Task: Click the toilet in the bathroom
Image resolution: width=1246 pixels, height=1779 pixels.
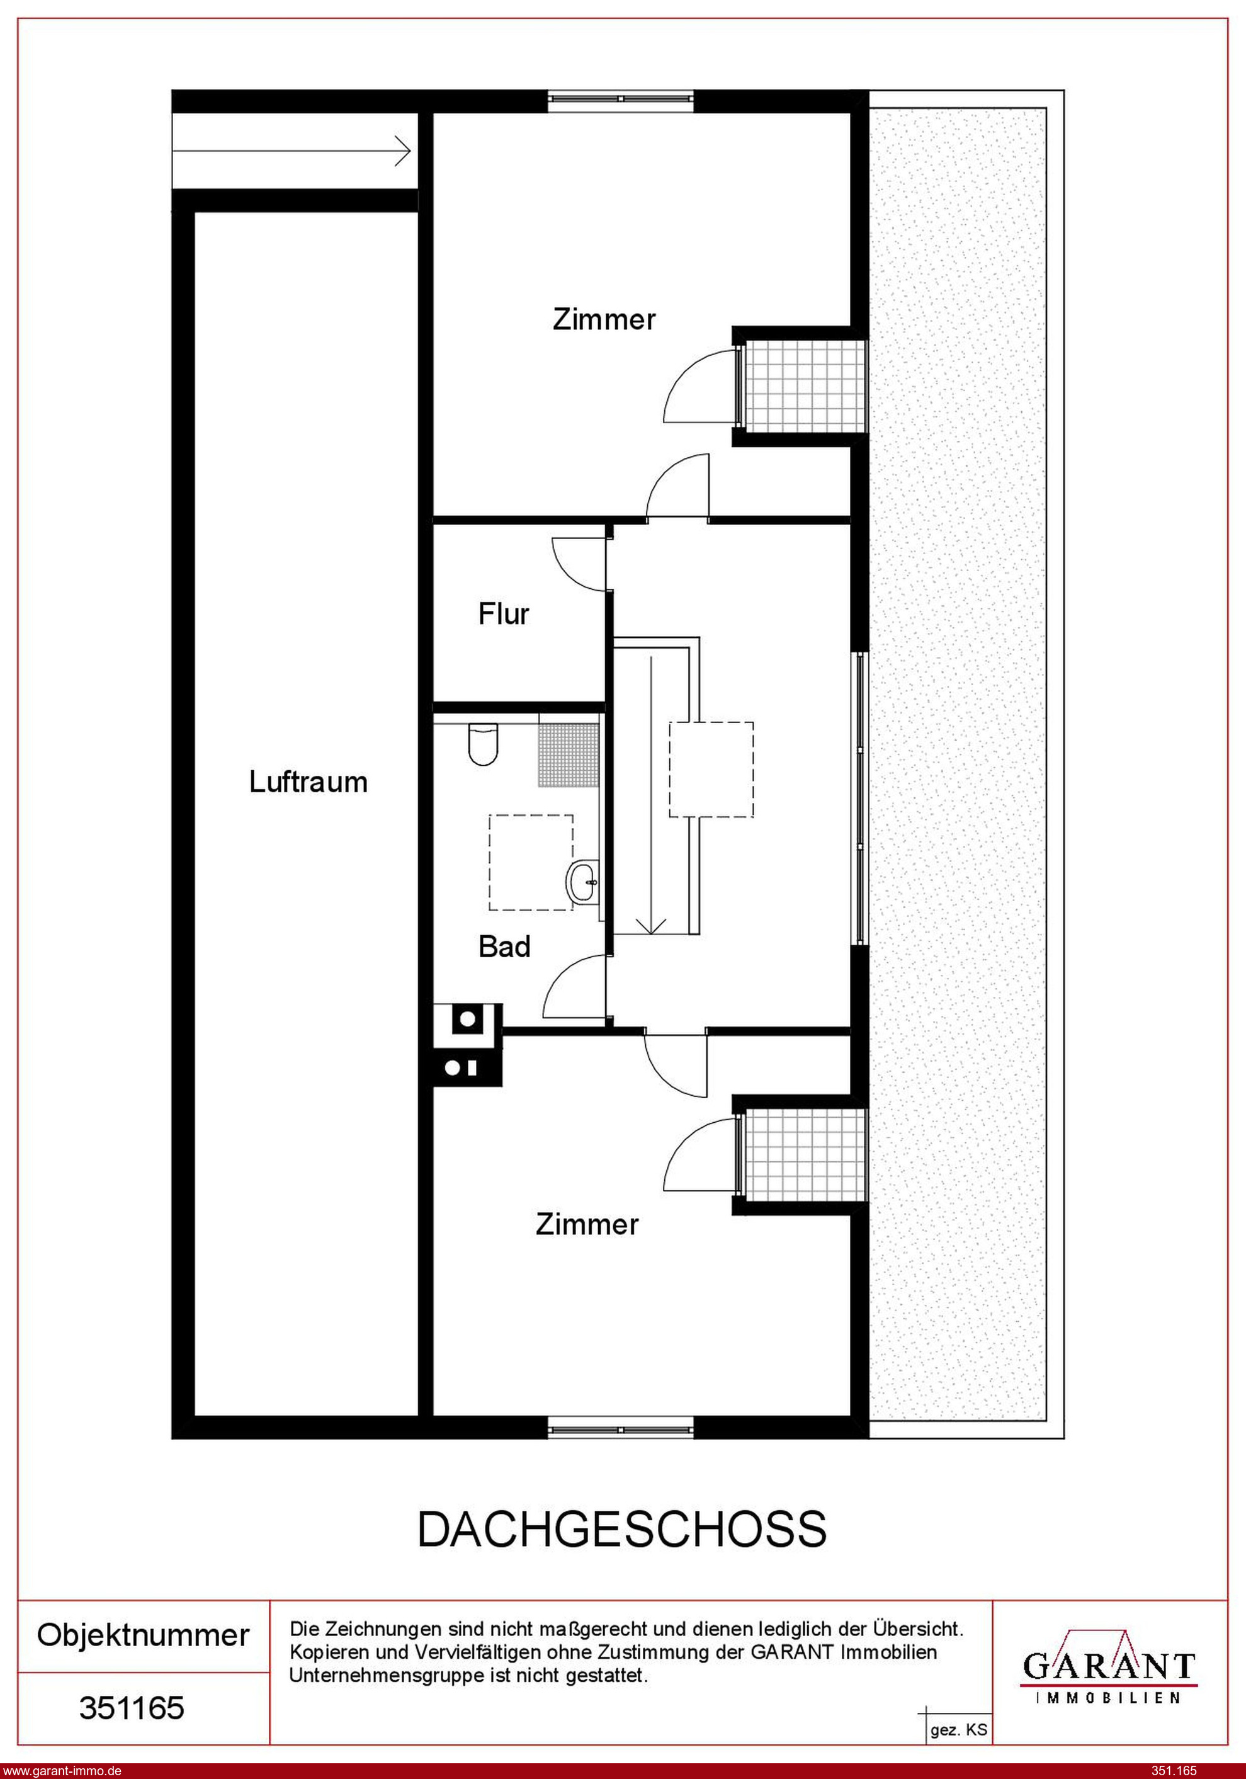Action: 483,744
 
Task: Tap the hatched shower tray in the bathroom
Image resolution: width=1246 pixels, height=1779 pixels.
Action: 570,756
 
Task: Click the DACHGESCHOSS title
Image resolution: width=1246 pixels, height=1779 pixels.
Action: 622,1529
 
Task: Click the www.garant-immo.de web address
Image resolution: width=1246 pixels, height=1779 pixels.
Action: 62,1770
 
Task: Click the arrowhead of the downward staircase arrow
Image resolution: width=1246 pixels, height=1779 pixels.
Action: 651,928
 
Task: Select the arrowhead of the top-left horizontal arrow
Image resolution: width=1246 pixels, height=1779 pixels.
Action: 403,151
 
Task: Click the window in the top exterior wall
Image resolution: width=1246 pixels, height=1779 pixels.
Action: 621,98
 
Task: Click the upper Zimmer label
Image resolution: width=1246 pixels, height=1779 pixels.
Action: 604,319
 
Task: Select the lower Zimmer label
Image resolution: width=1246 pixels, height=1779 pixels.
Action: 587,1224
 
